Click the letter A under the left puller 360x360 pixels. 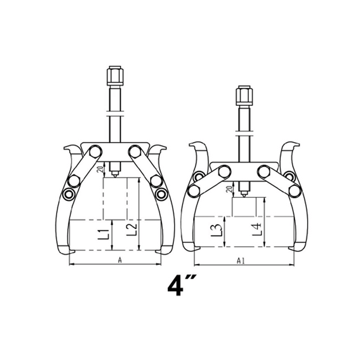click(x=120, y=260)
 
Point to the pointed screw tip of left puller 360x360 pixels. click(x=115, y=175)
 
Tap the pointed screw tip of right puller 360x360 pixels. click(x=244, y=195)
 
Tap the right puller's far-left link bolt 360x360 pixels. click(x=194, y=191)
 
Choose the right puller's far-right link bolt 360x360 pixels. click(x=295, y=191)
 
